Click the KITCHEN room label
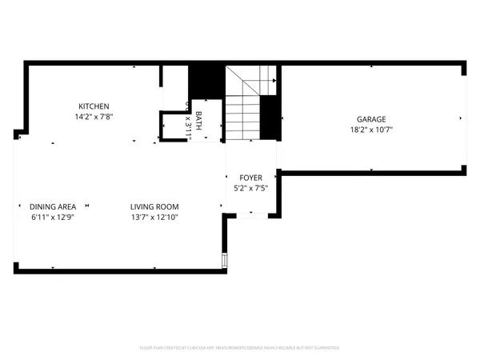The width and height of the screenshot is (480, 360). [94, 106]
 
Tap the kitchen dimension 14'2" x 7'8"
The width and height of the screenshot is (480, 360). [94, 117]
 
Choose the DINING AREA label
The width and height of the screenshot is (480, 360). [53, 206]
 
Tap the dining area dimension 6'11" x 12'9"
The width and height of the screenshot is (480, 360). [53, 217]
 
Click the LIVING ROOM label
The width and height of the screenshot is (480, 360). [154, 206]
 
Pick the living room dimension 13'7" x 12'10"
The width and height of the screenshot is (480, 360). [154, 217]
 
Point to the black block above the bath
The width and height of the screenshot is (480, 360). [206, 82]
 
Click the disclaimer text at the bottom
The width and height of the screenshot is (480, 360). [239, 348]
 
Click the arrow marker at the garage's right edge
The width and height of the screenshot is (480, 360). [460, 118]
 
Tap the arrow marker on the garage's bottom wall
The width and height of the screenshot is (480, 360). [372, 169]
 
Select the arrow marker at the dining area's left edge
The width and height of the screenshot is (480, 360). [20, 206]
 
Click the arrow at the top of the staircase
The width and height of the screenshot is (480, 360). [275, 81]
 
